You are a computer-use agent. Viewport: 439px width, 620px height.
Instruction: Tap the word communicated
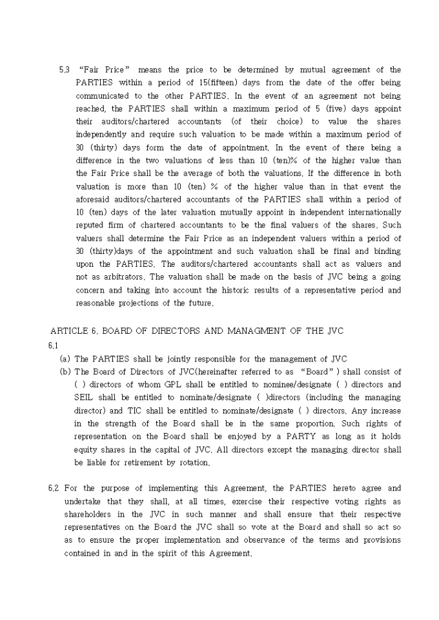[102, 95]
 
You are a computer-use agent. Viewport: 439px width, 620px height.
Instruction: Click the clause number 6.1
[53, 345]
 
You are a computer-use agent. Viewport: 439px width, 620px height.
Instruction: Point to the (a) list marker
[65, 358]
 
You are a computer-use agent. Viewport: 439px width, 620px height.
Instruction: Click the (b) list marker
[65, 371]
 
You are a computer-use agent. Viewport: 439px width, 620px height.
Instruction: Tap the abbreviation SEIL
[85, 397]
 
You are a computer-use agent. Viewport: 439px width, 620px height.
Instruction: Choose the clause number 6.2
[53, 488]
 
